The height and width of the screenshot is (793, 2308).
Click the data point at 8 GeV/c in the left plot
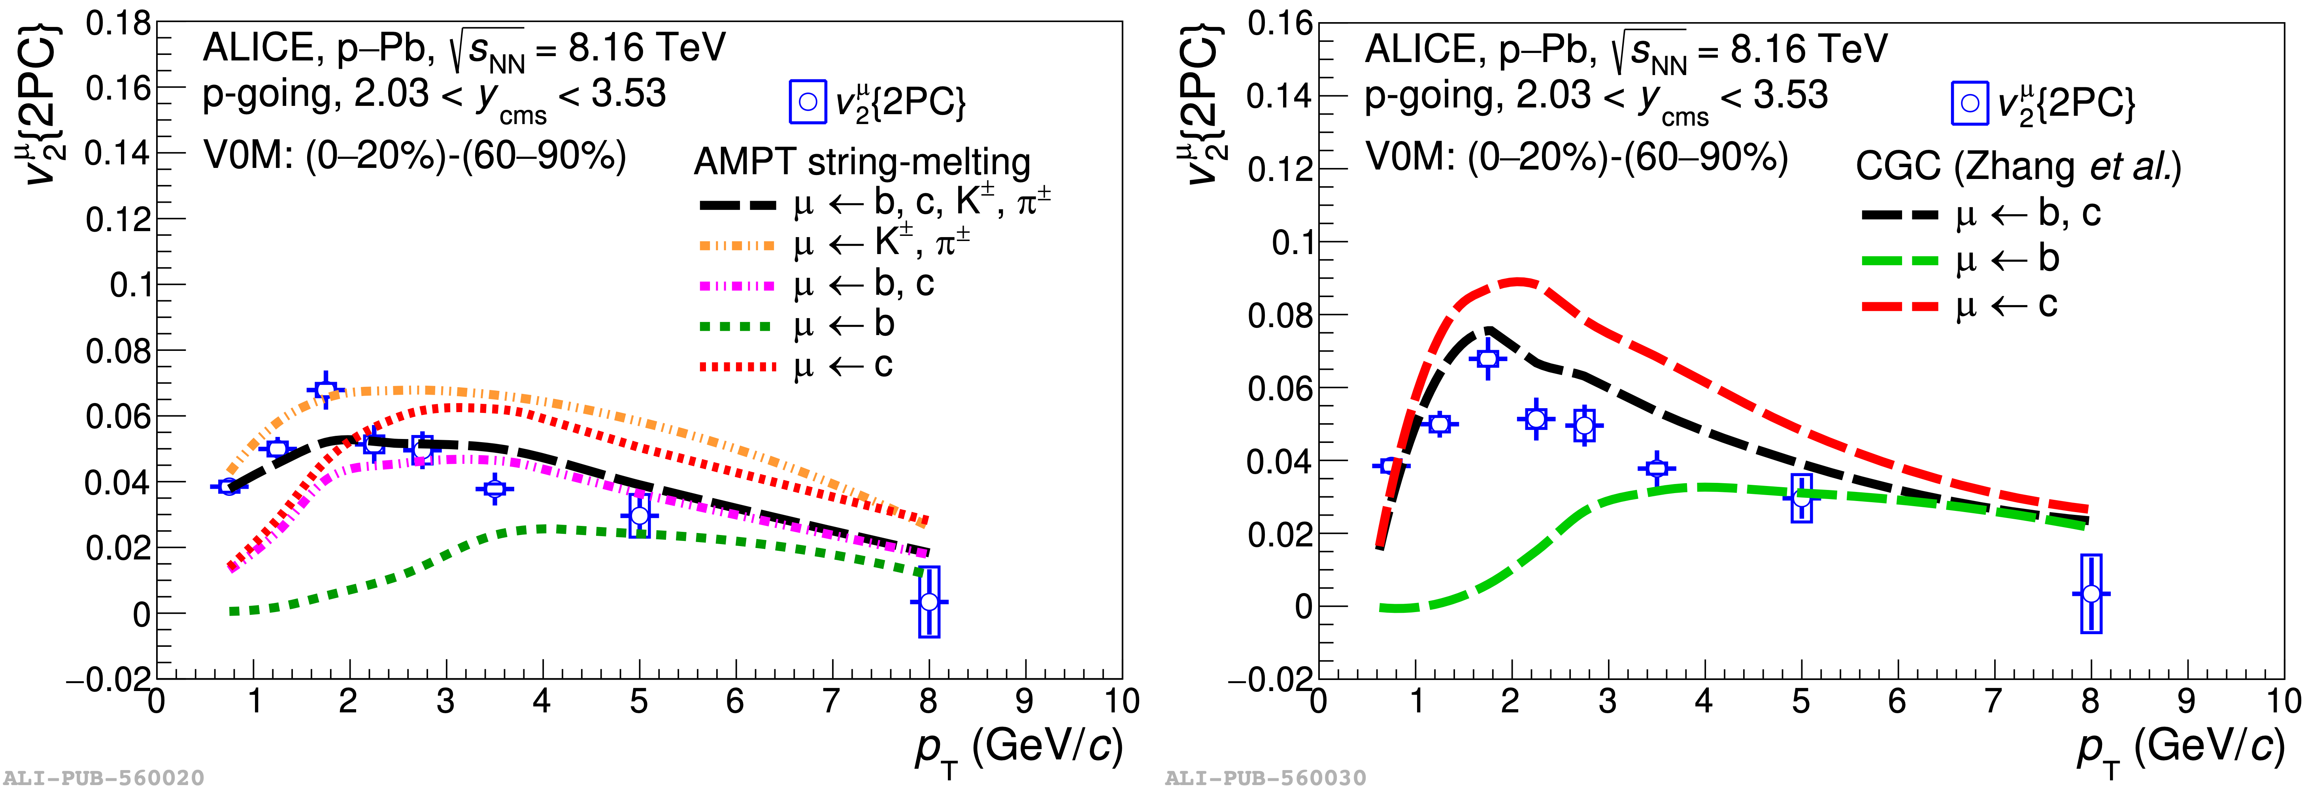[x=929, y=601]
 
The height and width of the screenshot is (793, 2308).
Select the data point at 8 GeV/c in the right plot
[x=2090, y=593]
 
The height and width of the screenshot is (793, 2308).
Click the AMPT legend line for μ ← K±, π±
[x=736, y=245]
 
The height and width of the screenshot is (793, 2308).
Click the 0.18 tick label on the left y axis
[x=118, y=24]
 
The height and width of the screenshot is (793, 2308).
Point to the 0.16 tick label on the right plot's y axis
[x=1280, y=24]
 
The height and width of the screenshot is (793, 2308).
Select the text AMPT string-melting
[x=862, y=162]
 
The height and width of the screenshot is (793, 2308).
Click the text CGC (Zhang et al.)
[x=2018, y=167]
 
